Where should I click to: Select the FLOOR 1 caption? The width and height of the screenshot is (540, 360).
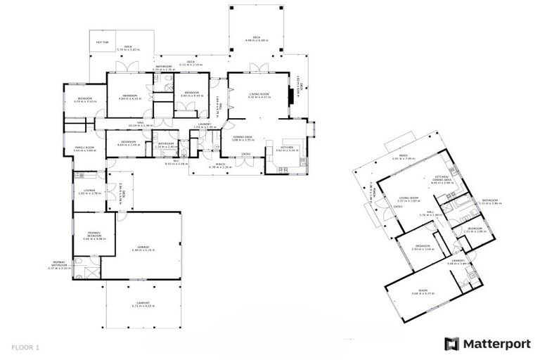point(25,347)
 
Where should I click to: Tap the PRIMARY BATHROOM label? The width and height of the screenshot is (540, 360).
point(59,265)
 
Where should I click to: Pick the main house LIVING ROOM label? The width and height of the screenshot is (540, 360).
point(260,94)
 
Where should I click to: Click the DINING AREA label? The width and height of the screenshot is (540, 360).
point(243,138)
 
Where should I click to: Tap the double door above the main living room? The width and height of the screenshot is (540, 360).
point(258,69)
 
